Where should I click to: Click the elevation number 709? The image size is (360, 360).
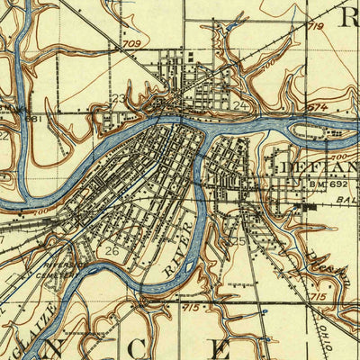pyautogui.click(x=132, y=42)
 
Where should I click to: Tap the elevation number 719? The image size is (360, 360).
pyautogui.click(x=315, y=28)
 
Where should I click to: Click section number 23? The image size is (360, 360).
pyautogui.click(x=119, y=99)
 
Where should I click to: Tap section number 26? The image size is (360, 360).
pyautogui.click(x=112, y=249)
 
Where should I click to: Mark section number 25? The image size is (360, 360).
pyautogui.click(x=238, y=241)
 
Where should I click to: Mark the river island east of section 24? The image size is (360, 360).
pyautogui.click(x=319, y=133)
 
